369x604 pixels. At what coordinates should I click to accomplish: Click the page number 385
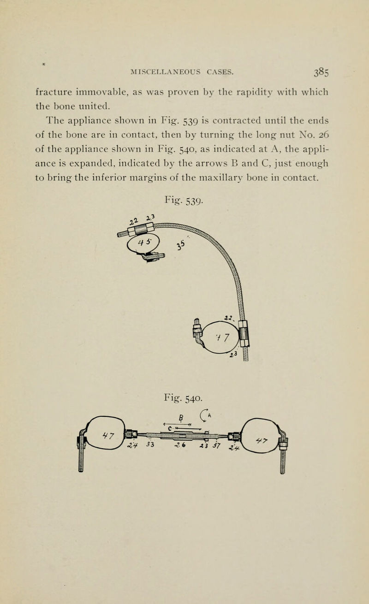tap(321, 72)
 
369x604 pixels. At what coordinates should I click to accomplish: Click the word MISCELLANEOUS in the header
tap(165, 72)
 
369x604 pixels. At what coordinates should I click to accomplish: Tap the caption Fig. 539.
tap(184, 201)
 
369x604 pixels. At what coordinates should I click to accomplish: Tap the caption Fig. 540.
tap(183, 398)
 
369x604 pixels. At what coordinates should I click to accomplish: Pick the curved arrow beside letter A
tap(203, 415)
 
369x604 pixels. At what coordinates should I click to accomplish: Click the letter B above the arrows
tap(181, 418)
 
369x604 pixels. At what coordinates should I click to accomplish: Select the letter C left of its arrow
tap(170, 428)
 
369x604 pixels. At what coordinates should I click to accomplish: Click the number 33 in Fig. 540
tap(150, 444)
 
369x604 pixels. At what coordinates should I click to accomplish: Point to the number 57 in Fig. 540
tap(217, 445)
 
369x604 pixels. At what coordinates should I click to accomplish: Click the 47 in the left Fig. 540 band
tap(108, 435)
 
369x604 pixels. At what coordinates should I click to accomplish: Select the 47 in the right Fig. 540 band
tap(262, 440)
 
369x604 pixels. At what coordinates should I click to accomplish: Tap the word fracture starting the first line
tap(54, 92)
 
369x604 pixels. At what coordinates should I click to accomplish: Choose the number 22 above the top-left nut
tap(133, 222)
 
